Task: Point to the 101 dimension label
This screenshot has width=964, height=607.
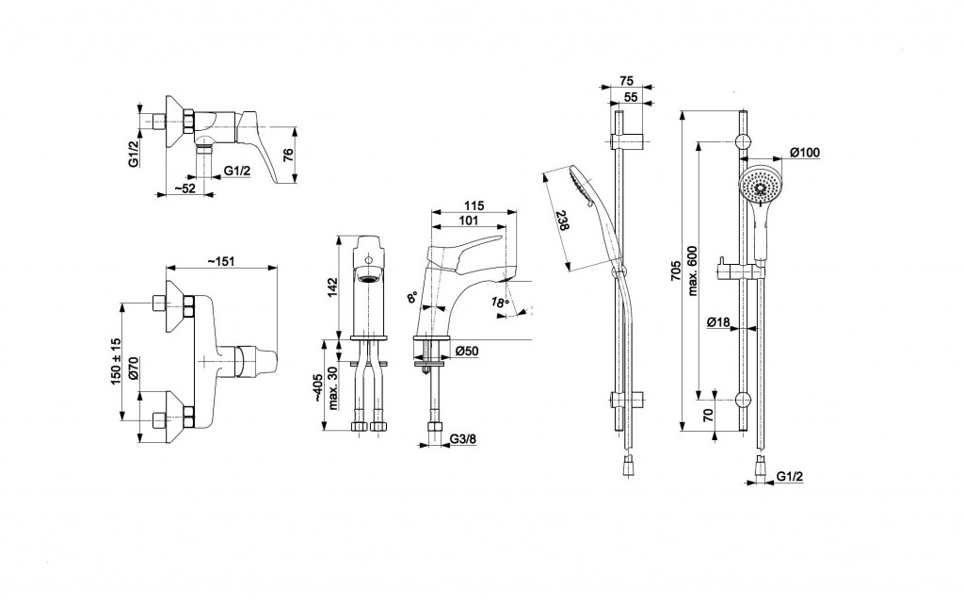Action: point(467,221)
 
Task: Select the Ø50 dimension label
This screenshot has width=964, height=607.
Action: point(468,352)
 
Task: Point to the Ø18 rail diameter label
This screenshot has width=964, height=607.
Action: point(718,322)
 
